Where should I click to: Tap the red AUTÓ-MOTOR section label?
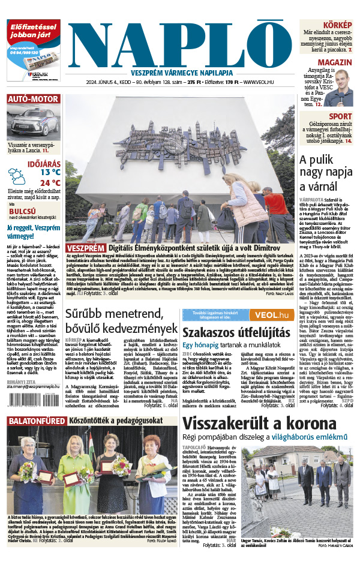33,99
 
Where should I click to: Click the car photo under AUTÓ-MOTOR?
33,123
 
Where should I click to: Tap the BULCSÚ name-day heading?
22,211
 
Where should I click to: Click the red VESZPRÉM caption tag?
85,248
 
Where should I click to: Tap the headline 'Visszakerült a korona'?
259,423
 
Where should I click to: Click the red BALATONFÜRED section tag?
36,421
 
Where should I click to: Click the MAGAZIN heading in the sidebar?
334,63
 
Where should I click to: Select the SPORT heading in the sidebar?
340,116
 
